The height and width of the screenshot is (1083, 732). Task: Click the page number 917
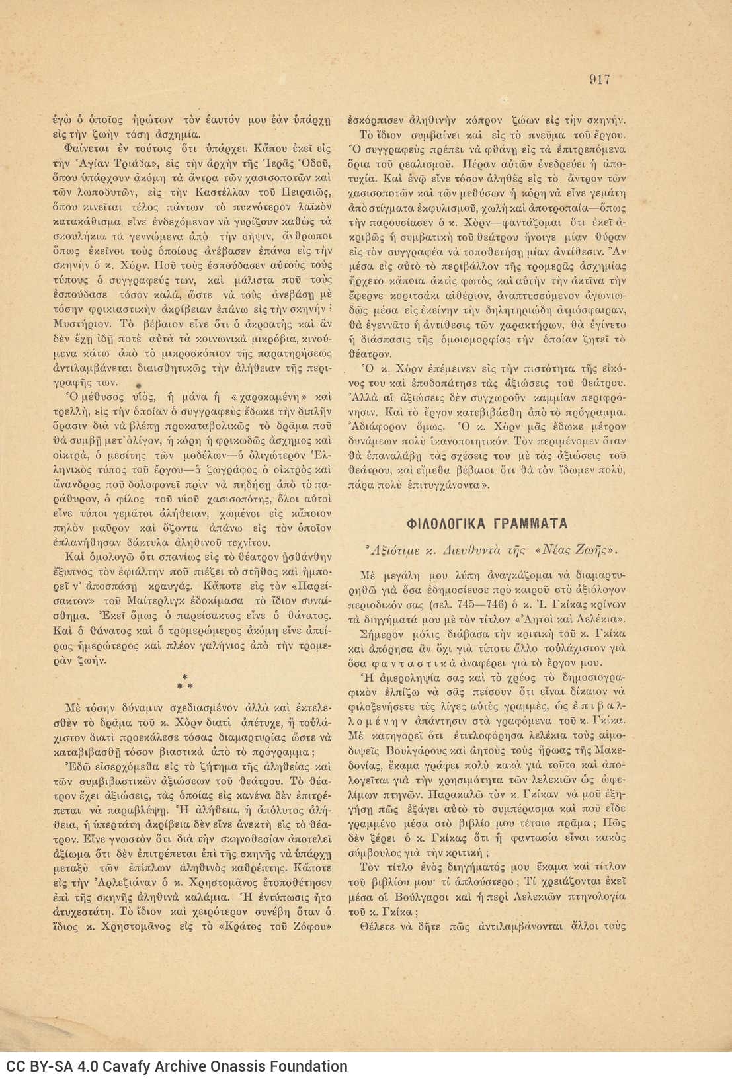(x=599, y=80)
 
